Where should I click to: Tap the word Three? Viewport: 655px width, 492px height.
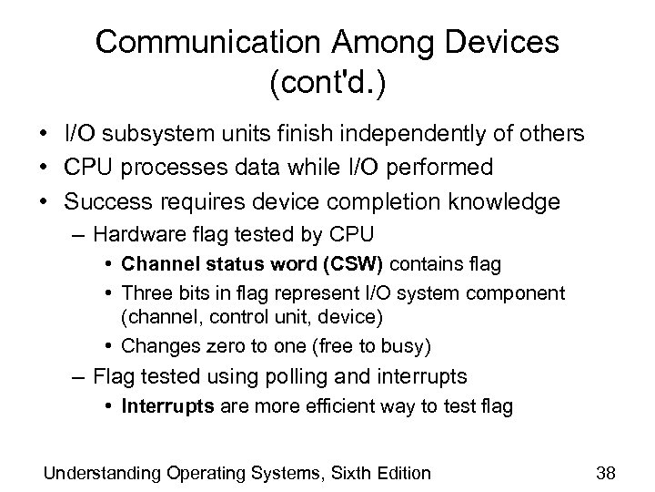144,293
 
